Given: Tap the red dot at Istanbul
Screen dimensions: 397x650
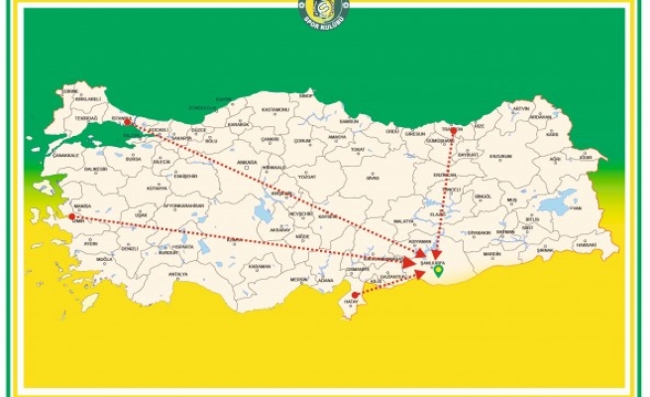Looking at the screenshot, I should (128, 120).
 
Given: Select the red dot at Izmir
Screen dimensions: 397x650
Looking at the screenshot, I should (71, 215).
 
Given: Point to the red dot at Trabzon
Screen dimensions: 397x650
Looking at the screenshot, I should (455, 128).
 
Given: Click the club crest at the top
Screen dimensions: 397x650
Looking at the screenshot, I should (324, 14).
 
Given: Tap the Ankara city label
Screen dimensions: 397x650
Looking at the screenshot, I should (247, 161).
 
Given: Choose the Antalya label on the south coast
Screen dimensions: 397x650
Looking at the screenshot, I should (178, 273).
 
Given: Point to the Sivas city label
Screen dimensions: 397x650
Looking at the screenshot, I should (373, 178).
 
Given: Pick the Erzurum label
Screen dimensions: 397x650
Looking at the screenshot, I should (501, 156).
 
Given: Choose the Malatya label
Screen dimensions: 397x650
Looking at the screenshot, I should (402, 221).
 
